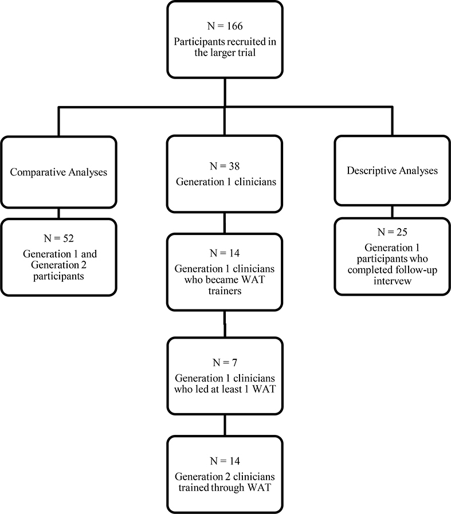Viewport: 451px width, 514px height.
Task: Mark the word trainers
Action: pos(224,291)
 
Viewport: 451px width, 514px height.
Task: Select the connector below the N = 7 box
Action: pos(224,425)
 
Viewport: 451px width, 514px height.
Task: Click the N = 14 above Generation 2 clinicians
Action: pos(224,461)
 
